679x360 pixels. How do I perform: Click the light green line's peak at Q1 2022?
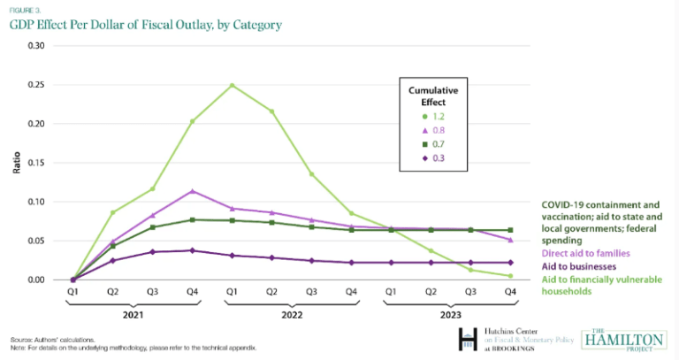(x=232, y=85)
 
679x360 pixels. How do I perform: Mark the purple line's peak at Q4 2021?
(x=192, y=191)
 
